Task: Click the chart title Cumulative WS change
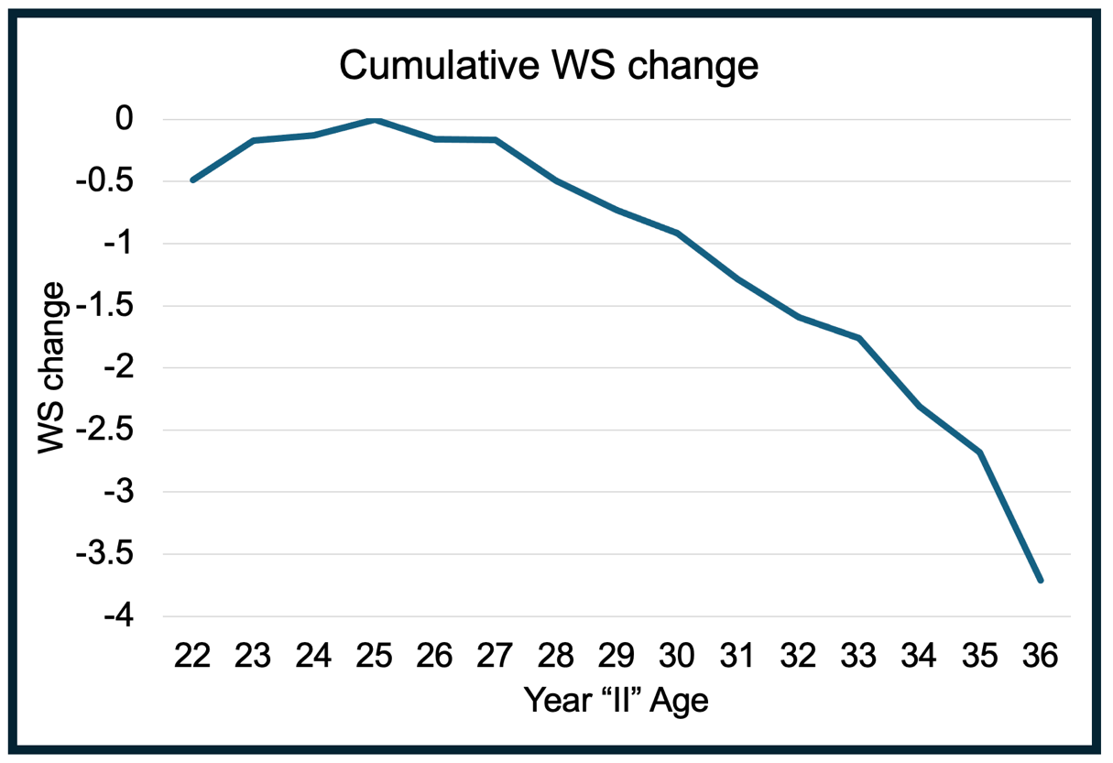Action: pos(549,66)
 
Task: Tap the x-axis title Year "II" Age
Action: pos(617,701)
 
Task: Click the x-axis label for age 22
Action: pos(192,656)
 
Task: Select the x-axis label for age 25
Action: pos(374,656)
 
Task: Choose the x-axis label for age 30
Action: pos(677,656)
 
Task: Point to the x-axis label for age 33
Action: pos(858,656)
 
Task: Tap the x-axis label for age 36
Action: pos(1041,656)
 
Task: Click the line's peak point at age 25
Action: pos(374,120)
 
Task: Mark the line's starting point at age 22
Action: pos(192,180)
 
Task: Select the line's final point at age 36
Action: pos(1041,580)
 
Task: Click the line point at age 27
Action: pos(495,140)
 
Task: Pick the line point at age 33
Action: pos(858,339)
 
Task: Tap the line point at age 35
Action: pos(980,452)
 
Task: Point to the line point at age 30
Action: pos(677,234)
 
